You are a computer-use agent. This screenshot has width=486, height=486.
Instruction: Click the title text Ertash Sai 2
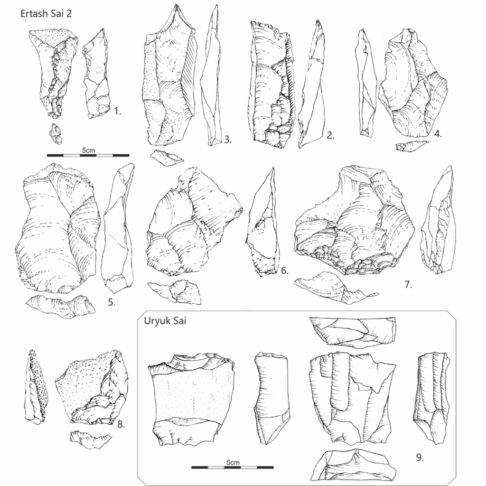(x=46, y=14)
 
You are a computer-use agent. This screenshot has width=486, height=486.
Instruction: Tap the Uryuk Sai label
(x=165, y=321)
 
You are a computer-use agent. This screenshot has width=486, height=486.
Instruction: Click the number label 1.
(x=118, y=111)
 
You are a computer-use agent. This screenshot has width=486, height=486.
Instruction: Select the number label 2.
(x=330, y=135)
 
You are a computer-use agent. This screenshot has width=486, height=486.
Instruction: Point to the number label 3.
(x=228, y=140)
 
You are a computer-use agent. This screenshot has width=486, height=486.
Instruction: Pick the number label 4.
(x=438, y=134)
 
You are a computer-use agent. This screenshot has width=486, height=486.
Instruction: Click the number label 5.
(x=112, y=302)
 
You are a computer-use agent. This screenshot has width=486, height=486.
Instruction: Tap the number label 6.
(x=285, y=271)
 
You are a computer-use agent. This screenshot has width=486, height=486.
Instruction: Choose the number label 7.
(x=408, y=285)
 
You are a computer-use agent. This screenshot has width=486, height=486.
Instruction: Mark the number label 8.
(x=121, y=424)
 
